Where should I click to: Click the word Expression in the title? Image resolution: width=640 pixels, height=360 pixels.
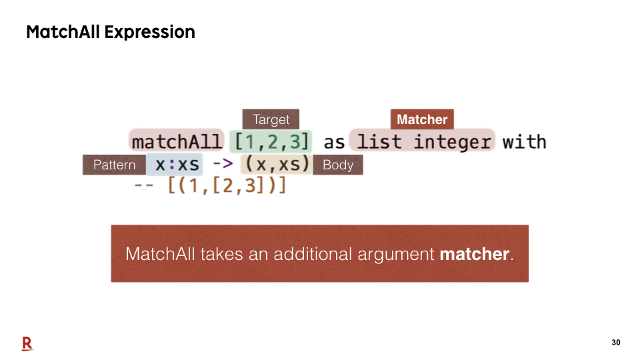click(x=150, y=33)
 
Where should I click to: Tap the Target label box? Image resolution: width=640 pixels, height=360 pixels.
click(x=271, y=119)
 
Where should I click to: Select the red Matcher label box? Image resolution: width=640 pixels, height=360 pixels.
click(x=422, y=119)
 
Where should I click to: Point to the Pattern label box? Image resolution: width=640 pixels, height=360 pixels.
click(x=114, y=165)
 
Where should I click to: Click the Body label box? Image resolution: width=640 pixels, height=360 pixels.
click(x=338, y=165)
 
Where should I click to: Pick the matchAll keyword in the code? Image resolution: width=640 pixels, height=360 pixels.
click(x=177, y=141)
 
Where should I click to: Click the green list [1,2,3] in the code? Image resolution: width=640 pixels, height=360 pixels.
click(x=271, y=141)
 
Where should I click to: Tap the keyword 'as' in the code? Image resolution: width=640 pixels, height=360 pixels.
click(x=334, y=143)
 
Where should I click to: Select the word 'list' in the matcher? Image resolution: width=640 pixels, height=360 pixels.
click(x=379, y=141)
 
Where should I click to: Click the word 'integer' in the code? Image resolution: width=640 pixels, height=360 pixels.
click(x=452, y=143)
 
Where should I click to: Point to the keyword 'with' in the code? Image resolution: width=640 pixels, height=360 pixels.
click(x=524, y=141)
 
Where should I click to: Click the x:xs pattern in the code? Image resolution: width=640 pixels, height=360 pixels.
click(x=177, y=165)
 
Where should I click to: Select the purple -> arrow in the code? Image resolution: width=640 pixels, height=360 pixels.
click(x=223, y=164)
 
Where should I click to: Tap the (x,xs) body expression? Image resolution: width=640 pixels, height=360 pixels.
click(x=277, y=164)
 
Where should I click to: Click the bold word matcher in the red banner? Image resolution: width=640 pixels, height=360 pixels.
click(x=474, y=254)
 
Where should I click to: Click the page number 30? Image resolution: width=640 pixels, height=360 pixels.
click(x=616, y=343)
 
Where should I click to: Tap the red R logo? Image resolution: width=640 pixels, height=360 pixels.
click(x=27, y=344)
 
